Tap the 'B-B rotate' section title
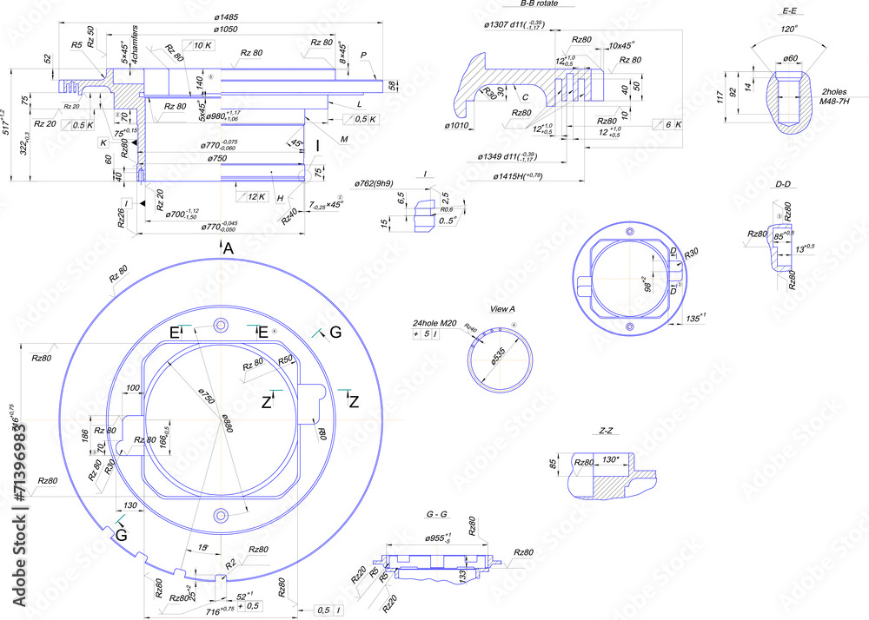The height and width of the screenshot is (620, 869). point(534,4)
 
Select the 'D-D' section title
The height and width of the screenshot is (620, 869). point(782,184)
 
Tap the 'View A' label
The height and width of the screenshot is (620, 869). point(502,309)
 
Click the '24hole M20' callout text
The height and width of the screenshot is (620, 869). point(435,323)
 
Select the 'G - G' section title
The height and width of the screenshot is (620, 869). point(436,515)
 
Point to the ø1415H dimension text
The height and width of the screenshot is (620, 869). point(518,177)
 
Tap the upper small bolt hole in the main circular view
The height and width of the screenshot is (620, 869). point(221,325)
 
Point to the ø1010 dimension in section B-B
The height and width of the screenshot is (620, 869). point(457,126)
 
